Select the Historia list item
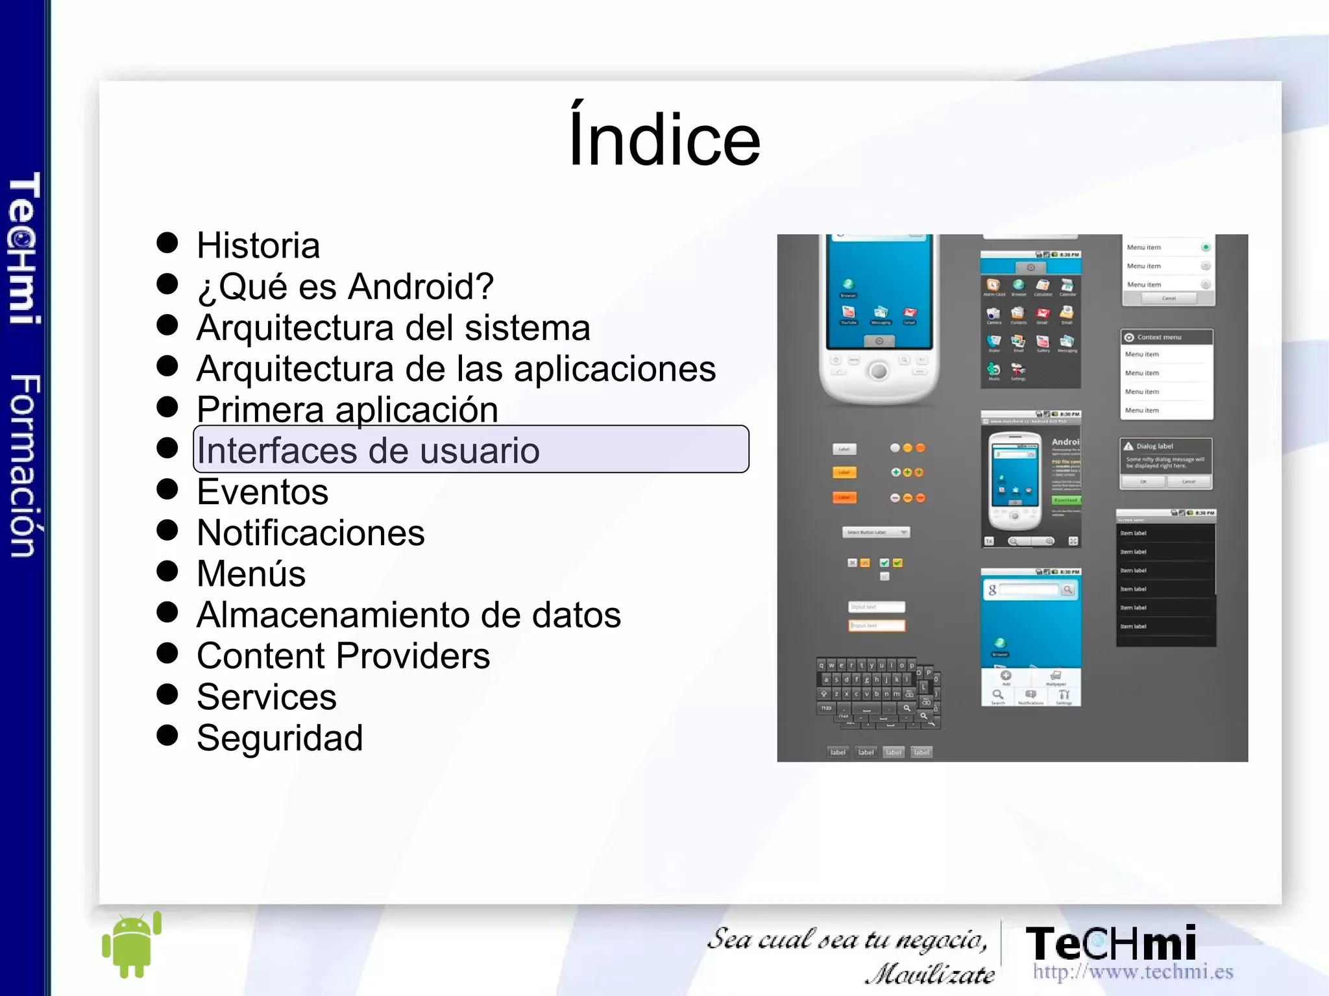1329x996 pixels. click(x=258, y=246)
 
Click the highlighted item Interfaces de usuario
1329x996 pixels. click(x=368, y=450)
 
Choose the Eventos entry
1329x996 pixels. click(x=262, y=492)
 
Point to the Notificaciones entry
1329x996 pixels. click(x=310, y=533)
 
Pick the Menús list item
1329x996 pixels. click(x=250, y=574)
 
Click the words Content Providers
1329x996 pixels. click(x=343, y=656)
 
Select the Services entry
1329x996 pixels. click(x=266, y=697)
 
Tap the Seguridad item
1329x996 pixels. click(x=279, y=738)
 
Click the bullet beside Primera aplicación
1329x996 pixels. click(x=167, y=407)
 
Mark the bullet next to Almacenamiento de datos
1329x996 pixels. click(x=167, y=612)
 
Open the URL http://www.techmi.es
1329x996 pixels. click(x=1132, y=972)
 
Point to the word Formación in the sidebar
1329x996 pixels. click(x=25, y=465)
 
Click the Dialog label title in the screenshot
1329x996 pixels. click(x=1154, y=446)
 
